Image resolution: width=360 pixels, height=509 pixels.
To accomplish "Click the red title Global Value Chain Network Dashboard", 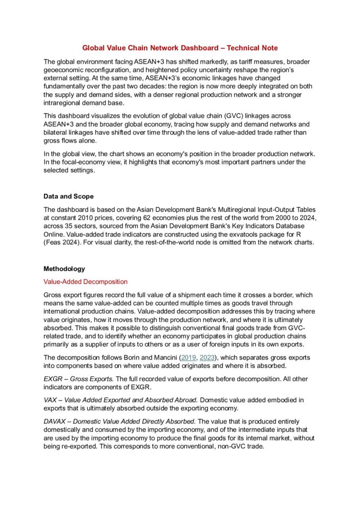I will click(x=180, y=48).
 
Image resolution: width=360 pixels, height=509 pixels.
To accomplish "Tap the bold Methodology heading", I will click(x=64, y=269).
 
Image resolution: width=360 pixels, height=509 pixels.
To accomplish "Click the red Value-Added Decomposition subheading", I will click(x=86, y=282).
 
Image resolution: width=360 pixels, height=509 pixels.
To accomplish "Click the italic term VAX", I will click(x=51, y=400).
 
